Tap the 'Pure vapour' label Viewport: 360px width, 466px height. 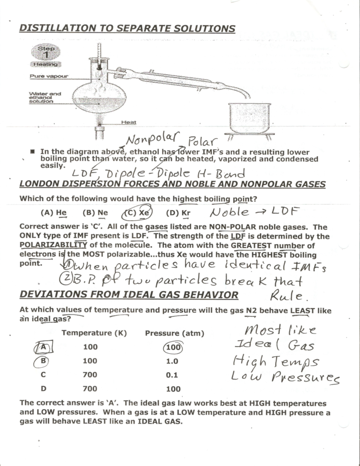click(x=49, y=76)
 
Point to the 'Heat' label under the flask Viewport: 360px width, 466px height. click(x=128, y=122)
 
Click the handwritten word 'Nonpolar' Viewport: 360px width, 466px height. click(x=152, y=139)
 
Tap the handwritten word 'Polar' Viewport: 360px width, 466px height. click(x=202, y=141)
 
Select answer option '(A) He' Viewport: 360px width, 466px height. click(x=54, y=213)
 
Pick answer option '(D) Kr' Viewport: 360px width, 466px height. click(x=178, y=213)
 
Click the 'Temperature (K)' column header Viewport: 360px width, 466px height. click(x=94, y=333)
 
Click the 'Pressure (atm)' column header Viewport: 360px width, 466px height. click(x=175, y=333)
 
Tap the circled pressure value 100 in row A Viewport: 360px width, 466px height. click(x=173, y=347)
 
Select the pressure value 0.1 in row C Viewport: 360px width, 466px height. click(x=172, y=375)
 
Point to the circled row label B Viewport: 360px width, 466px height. click(x=43, y=361)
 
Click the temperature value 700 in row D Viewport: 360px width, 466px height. click(x=90, y=389)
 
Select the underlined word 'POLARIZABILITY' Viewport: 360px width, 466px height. click(x=53, y=245)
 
